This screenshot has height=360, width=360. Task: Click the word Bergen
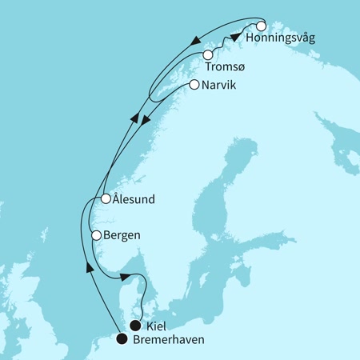[122, 236]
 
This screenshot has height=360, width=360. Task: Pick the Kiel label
[160, 326]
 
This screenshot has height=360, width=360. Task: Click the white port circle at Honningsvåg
[261, 26]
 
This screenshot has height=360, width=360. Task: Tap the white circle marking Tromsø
[208, 54]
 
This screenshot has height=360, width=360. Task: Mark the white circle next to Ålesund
[104, 198]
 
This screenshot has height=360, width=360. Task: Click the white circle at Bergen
[96, 236]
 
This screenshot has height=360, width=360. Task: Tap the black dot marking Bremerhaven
[121, 338]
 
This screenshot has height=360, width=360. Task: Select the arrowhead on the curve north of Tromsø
[196, 38]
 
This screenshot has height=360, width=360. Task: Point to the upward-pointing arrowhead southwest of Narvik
[131, 118]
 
